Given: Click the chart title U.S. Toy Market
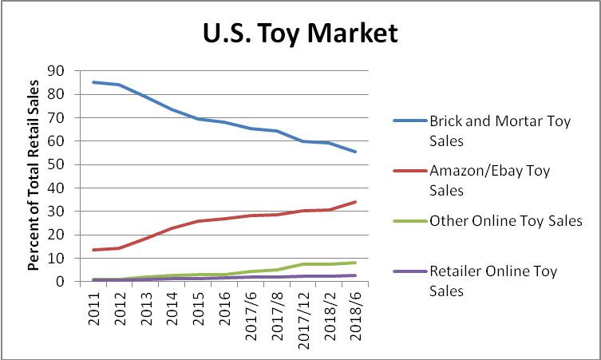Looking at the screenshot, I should [x=299, y=34].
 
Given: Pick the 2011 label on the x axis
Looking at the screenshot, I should [x=94, y=306].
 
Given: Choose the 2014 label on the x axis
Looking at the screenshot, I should [x=173, y=306].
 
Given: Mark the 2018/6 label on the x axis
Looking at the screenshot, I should [x=354, y=312].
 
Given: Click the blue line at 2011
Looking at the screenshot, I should [x=94, y=82].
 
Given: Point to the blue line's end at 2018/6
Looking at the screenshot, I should [x=354, y=152].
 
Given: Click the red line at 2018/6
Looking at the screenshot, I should [x=354, y=202].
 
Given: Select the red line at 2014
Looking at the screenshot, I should [x=173, y=228].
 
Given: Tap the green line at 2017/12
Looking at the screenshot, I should [x=302, y=264].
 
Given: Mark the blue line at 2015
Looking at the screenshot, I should [x=199, y=119].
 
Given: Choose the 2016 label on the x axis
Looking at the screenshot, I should [x=225, y=306].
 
